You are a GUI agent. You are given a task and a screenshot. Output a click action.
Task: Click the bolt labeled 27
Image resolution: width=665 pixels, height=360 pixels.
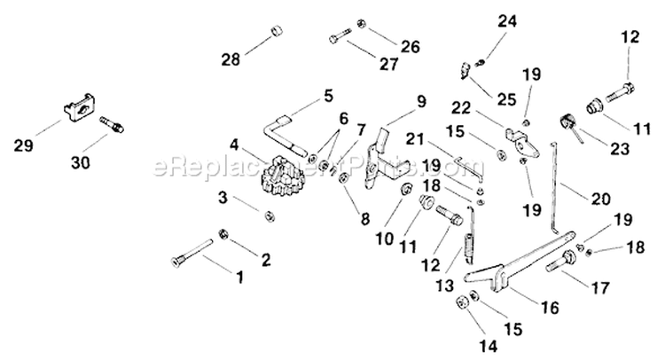pyautogui.click(x=340, y=37)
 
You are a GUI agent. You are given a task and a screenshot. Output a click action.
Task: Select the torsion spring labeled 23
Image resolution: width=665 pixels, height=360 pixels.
pyautogui.click(x=567, y=124)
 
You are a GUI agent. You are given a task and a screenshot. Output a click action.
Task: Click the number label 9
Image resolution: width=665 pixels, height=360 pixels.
pyautogui.click(x=421, y=100)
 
